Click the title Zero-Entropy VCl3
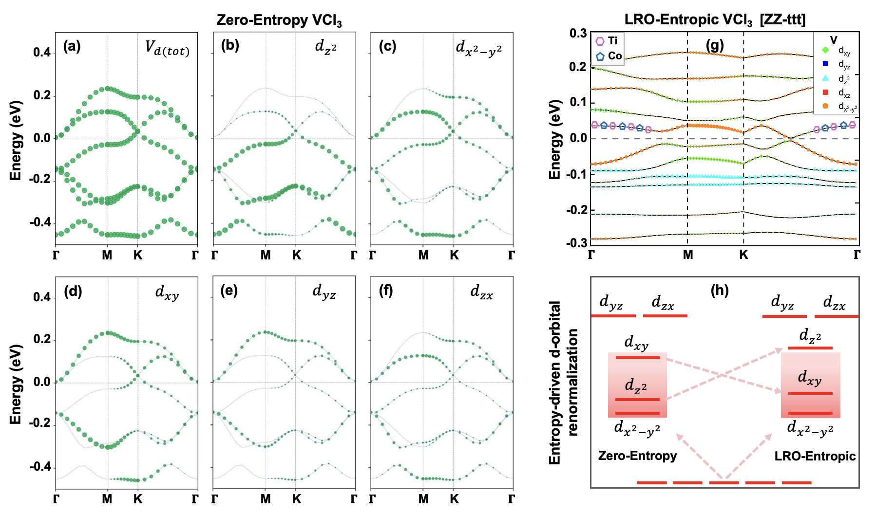279,20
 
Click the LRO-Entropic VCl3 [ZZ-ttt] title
715,20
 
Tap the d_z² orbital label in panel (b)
326,46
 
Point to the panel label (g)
715,45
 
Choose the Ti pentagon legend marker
600,41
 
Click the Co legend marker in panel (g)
600,56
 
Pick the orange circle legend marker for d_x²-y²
825,106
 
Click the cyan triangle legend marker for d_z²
825,78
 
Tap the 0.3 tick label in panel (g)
578,33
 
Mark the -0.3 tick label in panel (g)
577,242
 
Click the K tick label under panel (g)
743,255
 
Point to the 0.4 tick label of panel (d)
42,297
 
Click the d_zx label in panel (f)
481,292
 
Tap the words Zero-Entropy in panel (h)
637,456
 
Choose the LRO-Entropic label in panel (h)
815,456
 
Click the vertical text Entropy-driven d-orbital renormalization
563,382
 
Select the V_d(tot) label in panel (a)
167,48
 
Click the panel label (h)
719,291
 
